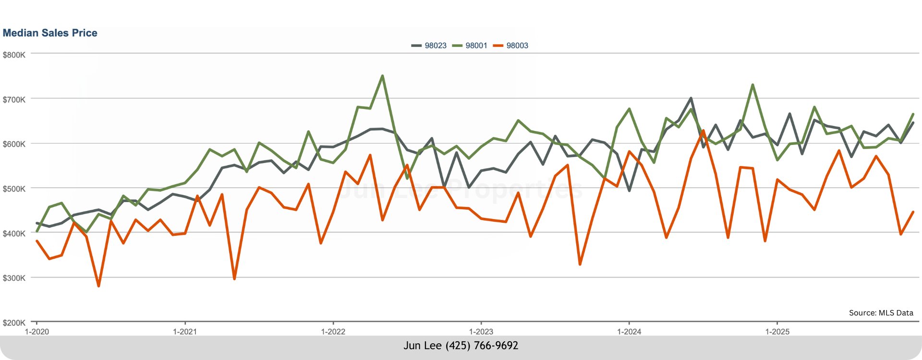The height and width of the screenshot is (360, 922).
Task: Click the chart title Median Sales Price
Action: click(x=50, y=33)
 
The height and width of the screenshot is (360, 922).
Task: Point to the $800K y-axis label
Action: click(x=14, y=55)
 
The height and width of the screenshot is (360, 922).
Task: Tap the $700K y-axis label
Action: click(x=14, y=100)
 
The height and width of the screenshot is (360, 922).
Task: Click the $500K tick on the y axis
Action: click(x=14, y=189)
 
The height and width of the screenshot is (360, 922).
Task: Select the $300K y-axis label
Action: click(x=14, y=278)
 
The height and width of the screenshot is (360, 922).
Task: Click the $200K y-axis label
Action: click(x=14, y=323)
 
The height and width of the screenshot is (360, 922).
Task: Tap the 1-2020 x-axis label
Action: click(x=37, y=332)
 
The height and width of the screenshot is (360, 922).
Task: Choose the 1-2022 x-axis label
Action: click(x=333, y=332)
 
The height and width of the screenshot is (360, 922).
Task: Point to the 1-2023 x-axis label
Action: click(x=481, y=332)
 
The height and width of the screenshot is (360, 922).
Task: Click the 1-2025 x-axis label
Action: click(x=777, y=332)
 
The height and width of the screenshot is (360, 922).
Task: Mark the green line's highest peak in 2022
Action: click(x=382, y=76)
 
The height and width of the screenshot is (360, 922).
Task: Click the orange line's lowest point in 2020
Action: click(x=98, y=286)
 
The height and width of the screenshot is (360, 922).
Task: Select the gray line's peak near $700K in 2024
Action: click(x=691, y=98)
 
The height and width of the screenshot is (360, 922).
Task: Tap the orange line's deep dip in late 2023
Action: click(x=580, y=264)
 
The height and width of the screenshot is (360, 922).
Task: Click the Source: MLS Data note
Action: click(x=881, y=313)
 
